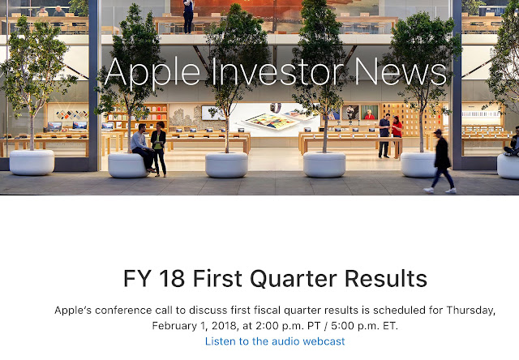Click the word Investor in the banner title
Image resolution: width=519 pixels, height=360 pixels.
pyautogui.click(x=277, y=71)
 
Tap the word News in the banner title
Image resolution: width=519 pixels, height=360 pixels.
pyautogui.click(x=401, y=71)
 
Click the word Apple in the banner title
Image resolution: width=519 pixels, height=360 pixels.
pyautogui.click(x=152, y=74)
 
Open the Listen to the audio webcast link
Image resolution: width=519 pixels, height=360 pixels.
pyautogui.click(x=275, y=341)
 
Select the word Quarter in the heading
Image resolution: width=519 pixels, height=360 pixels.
pyautogui.click(x=294, y=279)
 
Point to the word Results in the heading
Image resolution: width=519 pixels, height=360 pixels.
pyautogui.click(x=386, y=278)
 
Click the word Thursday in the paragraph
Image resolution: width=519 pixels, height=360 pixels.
pyautogui.click(x=470, y=311)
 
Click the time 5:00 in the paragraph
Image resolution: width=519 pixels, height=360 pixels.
pyautogui.click(x=342, y=326)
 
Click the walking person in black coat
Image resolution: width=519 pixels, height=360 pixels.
pyautogui.click(x=441, y=161)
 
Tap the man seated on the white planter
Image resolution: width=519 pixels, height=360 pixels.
pyautogui.click(x=143, y=148)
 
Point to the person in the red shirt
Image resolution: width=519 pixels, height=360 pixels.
pyautogui.click(x=397, y=135)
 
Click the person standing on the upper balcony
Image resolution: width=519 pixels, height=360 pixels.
pyautogui.click(x=188, y=16)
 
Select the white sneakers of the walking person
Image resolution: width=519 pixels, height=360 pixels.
pyautogui.click(x=440, y=191)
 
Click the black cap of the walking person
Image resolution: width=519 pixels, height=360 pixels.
pyautogui.click(x=438, y=131)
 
